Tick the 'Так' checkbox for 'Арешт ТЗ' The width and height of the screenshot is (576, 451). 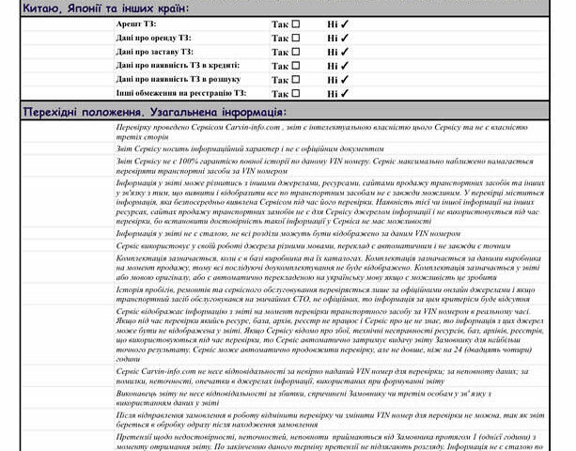pyautogui.click(x=296, y=23)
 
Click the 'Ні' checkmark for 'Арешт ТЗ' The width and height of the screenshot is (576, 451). pyautogui.click(x=345, y=23)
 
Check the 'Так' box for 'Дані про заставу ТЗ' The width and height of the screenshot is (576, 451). pyautogui.click(x=296, y=52)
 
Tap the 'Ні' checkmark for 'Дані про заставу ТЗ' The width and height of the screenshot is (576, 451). pyautogui.click(x=345, y=52)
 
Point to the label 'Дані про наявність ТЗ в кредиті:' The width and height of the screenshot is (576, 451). pyautogui.click(x=179, y=66)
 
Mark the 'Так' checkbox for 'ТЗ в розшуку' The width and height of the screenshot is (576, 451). pyautogui.click(x=296, y=80)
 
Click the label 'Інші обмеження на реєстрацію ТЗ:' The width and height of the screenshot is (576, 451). pyautogui.click(x=182, y=93)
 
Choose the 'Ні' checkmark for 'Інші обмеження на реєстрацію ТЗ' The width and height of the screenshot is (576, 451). pyautogui.click(x=345, y=94)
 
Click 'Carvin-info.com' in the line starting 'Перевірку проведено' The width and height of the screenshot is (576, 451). pyautogui.click(x=247, y=126)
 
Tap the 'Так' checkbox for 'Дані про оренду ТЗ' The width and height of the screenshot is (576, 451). pyautogui.click(x=296, y=38)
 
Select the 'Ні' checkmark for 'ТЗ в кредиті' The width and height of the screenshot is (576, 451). pyautogui.click(x=345, y=66)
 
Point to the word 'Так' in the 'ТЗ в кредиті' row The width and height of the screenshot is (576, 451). pyautogui.click(x=280, y=66)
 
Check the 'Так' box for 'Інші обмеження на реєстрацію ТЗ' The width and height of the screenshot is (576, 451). pyautogui.click(x=296, y=94)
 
